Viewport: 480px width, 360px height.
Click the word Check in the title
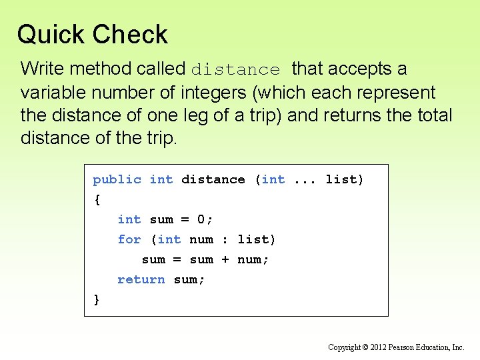pos(131,34)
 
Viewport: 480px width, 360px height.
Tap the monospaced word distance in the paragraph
pos(236,69)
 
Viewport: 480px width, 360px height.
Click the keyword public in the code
pos(117,179)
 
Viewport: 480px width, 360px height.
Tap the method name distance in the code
pos(213,179)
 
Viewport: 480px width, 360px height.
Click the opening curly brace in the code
pos(97,199)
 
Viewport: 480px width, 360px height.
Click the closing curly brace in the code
pos(97,299)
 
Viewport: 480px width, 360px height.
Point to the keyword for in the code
pos(129,239)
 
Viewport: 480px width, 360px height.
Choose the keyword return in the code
pos(141,279)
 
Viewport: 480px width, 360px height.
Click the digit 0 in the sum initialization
pos(201,219)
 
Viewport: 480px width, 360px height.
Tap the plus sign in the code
pos(225,259)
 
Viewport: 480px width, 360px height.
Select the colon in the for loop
pos(225,239)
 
